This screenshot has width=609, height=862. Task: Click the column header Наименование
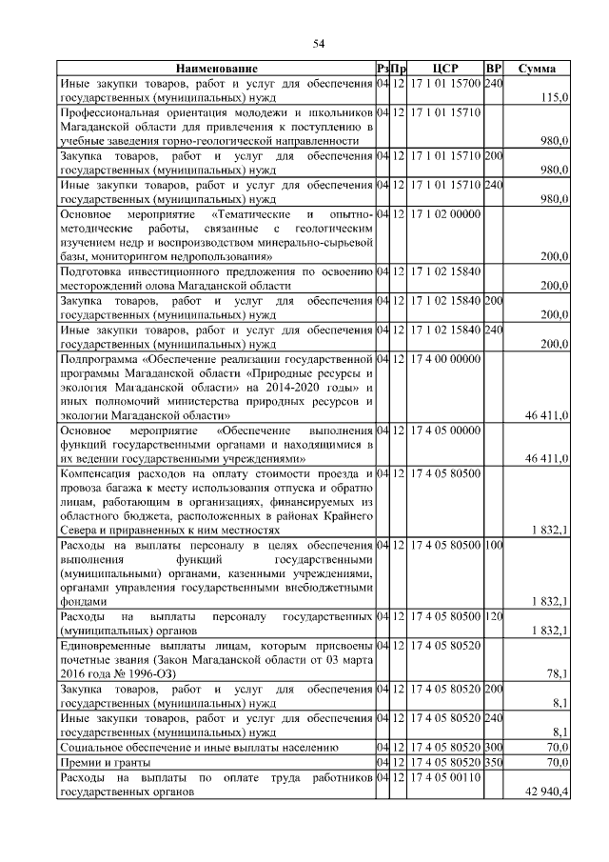pyautogui.click(x=216, y=70)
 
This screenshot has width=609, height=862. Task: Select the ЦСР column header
pyautogui.click(x=445, y=70)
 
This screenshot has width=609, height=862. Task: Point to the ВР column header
pyautogui.click(x=493, y=70)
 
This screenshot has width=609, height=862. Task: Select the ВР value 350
pyautogui.click(x=493, y=763)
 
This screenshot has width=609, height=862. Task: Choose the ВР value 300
pyautogui.click(x=493, y=747)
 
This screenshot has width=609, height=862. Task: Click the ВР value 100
pyautogui.click(x=493, y=545)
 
